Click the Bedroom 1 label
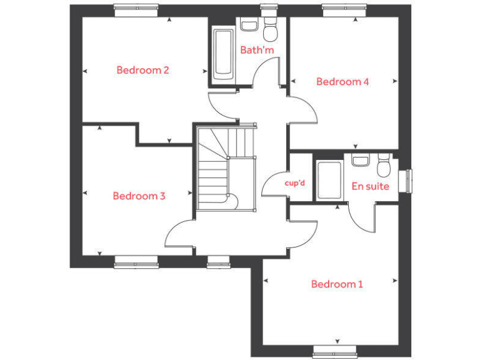pos(337,284)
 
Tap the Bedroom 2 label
pos(142,70)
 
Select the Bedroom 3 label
pos(139,196)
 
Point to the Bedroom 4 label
pos(342,81)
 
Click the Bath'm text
pos(257,50)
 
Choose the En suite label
pos(370,186)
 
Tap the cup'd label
pos(294,183)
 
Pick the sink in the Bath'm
pos(249,26)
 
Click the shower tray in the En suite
pos(329,181)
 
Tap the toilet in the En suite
pos(384,166)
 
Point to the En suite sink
pos(360,161)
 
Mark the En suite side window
pos(409,181)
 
